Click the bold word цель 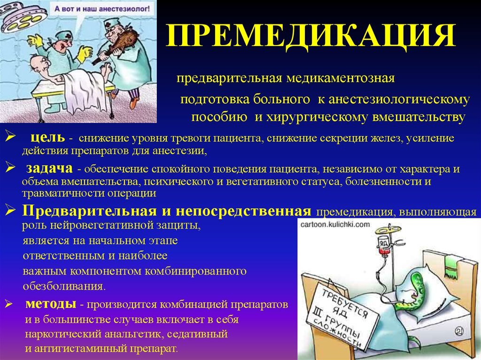coord(48,138)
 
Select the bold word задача coord(49,168)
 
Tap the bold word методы coord(51,304)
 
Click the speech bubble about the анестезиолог coord(102,10)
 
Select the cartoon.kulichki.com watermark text coord(335,224)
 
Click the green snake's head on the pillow coord(417,277)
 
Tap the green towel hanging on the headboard coord(452,264)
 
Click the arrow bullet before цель coord(10,137)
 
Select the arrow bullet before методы coord(8,304)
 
